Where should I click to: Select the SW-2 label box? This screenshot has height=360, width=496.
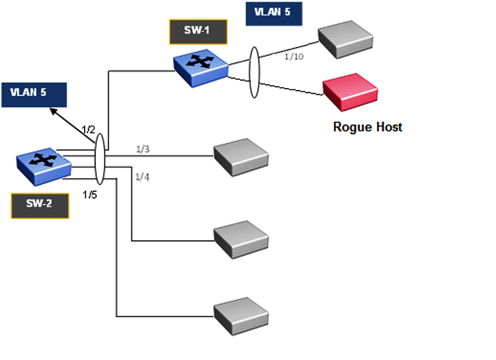point(40,205)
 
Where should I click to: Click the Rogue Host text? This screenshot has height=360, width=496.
point(367,126)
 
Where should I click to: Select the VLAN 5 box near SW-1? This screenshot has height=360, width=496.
point(274,13)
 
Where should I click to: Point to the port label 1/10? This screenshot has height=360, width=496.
point(294,57)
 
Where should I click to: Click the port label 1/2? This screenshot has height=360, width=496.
point(89,129)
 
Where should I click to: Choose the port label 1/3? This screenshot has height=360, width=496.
point(142,149)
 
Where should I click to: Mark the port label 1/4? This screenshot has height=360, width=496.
point(142,177)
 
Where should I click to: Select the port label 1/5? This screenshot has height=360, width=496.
point(91,195)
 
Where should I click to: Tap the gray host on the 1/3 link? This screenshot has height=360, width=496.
point(241,156)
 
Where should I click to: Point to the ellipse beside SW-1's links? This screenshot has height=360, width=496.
point(254,72)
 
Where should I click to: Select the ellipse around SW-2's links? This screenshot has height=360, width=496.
point(100,158)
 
